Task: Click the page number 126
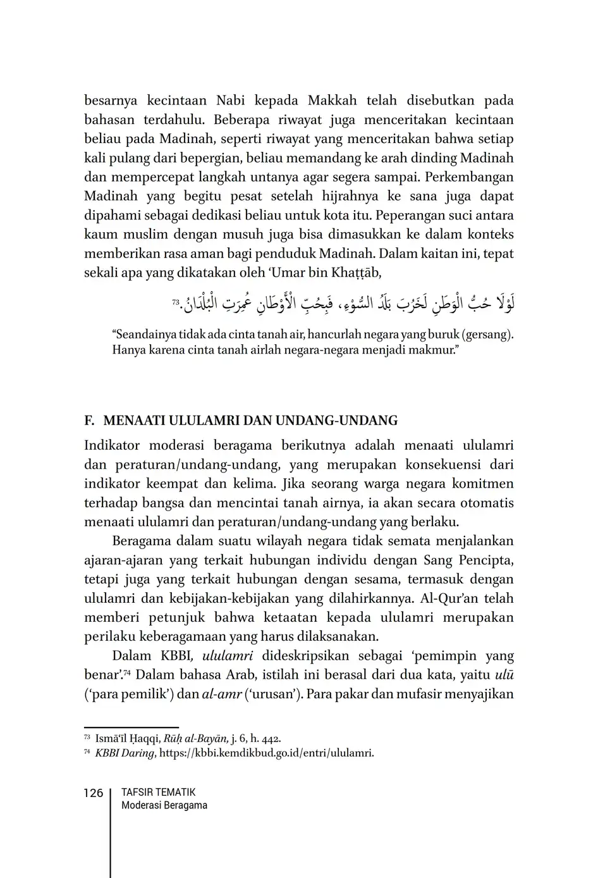click(x=93, y=793)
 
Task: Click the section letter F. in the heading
click(x=89, y=421)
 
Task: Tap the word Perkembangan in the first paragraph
click(x=472, y=177)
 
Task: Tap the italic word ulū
click(x=503, y=675)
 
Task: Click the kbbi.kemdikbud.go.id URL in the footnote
click(x=266, y=753)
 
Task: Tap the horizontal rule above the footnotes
click(x=131, y=727)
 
